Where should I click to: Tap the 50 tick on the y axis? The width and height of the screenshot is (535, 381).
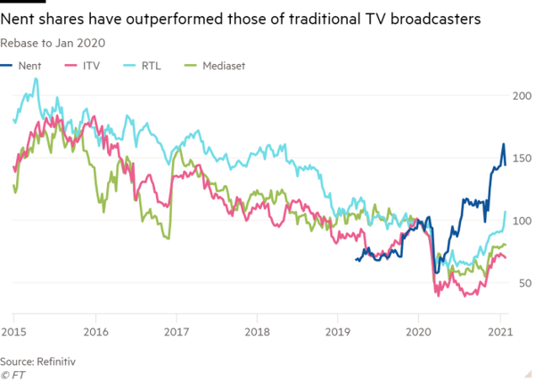point(520,283)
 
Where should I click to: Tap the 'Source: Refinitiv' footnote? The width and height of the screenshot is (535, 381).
point(39,362)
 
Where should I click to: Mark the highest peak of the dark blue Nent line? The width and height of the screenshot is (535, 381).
point(503,144)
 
